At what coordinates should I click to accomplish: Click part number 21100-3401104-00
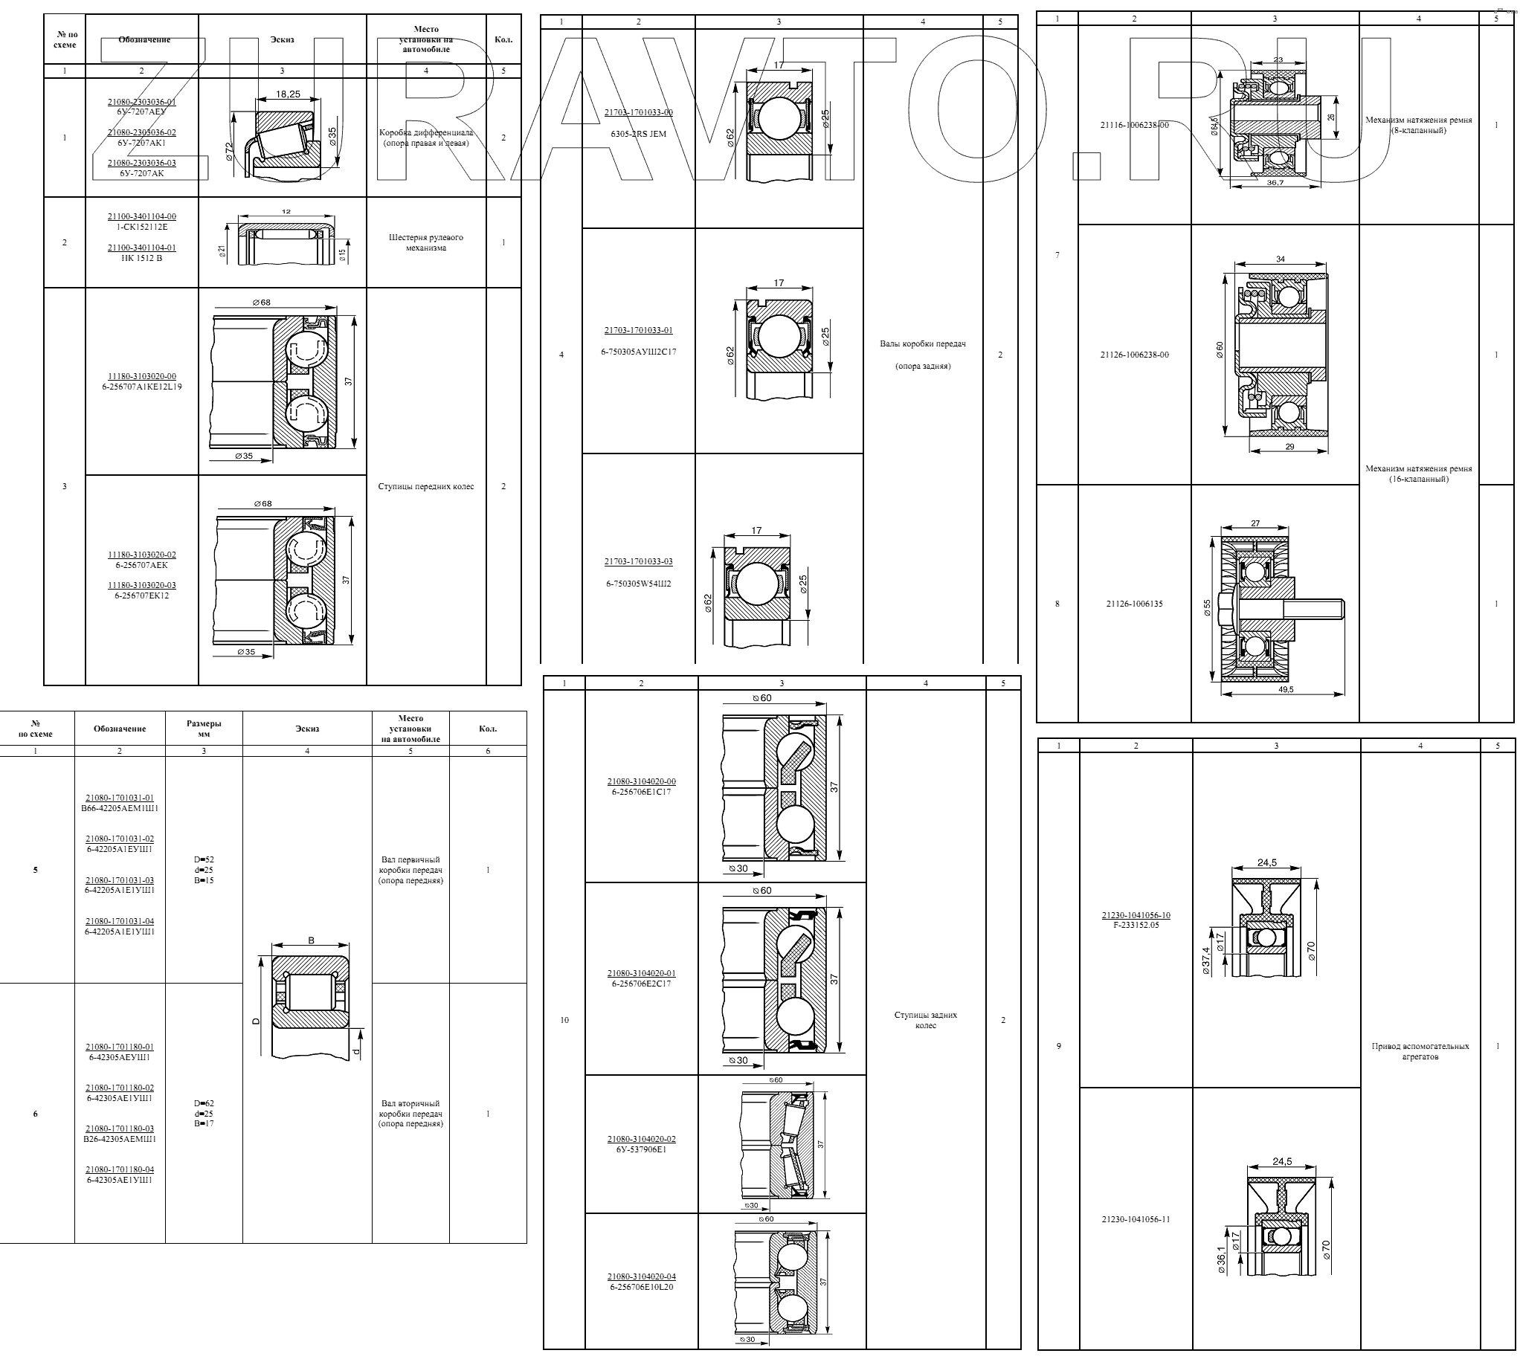142,216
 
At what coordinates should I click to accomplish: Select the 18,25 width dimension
289,94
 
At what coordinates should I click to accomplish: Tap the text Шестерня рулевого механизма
426,242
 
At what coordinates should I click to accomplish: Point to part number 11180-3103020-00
142,376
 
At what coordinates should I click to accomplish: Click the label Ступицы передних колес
426,486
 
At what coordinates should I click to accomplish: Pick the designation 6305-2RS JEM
638,134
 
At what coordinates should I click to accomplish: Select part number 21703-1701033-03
638,561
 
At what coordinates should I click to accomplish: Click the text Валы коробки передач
922,344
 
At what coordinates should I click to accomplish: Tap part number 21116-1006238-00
1134,126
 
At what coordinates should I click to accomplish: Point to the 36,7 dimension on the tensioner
1275,183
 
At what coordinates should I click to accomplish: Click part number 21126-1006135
1134,604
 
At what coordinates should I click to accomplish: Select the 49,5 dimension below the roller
1286,690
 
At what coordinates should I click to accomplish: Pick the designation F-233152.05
1136,925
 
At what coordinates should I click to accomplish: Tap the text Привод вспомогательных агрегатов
1420,1051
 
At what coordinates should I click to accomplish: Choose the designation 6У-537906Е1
641,1149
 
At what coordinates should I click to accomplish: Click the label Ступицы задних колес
925,1020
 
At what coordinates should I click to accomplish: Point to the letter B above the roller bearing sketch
311,940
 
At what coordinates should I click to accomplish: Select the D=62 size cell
204,1103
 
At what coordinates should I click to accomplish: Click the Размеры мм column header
204,728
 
